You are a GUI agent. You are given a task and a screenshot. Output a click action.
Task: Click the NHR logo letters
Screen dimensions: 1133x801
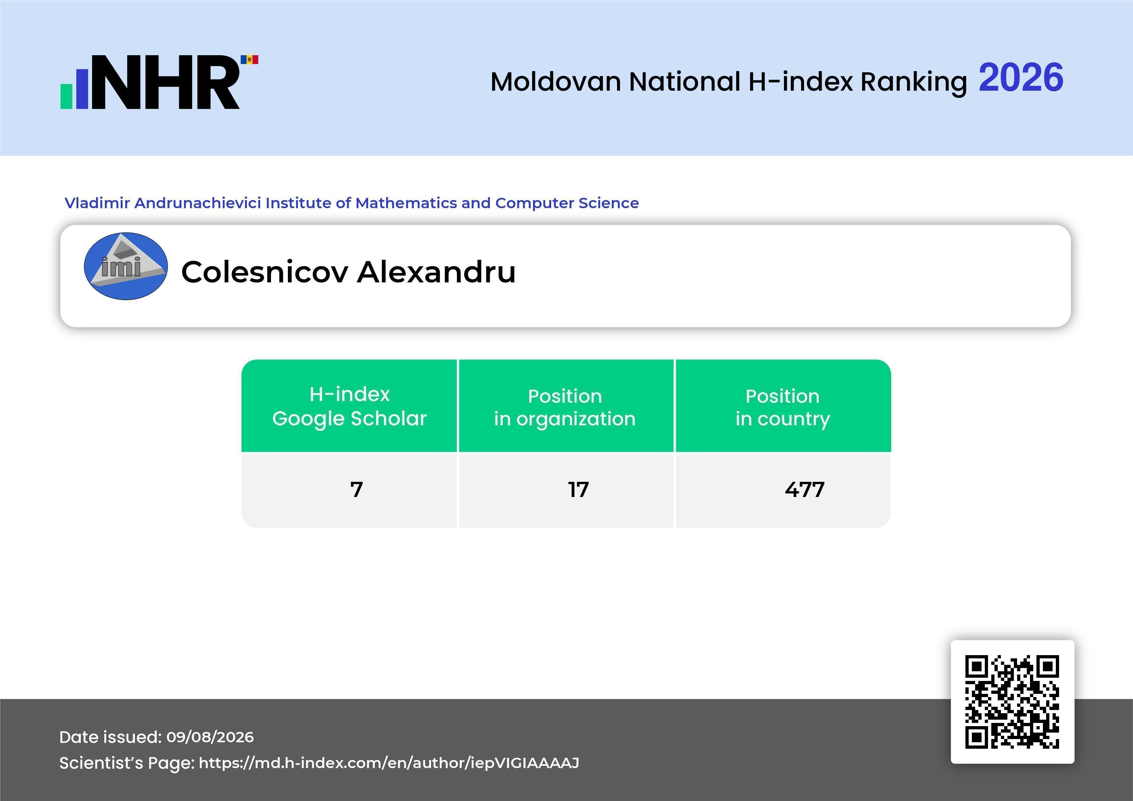pos(164,82)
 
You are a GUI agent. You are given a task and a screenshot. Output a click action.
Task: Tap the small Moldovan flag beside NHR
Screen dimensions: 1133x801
pos(250,60)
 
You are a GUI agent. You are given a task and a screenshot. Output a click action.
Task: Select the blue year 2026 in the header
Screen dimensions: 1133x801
pos(1021,77)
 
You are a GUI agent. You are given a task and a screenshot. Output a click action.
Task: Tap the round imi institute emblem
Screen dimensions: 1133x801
pos(126,266)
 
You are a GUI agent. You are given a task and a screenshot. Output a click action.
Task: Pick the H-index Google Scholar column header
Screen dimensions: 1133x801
pos(349,406)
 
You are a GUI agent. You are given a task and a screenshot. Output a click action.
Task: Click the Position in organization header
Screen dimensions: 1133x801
pos(565,407)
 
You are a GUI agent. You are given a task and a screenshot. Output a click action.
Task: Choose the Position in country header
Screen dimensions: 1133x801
pos(783,407)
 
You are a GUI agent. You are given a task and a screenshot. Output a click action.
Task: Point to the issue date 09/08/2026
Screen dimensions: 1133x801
pos(210,737)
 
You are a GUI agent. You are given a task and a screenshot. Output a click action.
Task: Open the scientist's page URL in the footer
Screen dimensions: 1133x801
pos(389,763)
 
